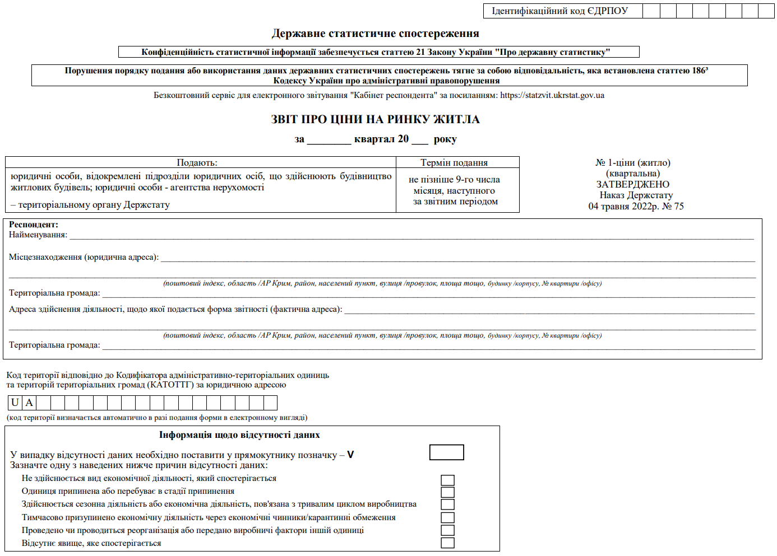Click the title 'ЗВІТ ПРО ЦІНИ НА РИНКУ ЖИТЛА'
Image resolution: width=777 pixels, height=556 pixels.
375,119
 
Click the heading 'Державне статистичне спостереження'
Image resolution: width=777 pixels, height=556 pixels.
375,34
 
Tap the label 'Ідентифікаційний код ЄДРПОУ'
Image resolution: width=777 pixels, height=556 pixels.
559,11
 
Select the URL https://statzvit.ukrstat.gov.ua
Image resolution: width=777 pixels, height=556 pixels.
552,95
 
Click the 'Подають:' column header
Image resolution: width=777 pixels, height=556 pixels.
197,162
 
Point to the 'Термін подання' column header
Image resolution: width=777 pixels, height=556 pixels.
454,162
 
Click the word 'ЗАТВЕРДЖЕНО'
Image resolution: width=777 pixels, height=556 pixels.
632,184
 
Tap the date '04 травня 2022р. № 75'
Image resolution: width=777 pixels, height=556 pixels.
636,206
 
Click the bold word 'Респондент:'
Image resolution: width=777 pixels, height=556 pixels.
34,225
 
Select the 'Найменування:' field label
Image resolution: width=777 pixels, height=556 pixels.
38,235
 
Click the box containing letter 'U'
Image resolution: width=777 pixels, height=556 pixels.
15,403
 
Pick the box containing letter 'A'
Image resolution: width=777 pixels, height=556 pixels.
29,403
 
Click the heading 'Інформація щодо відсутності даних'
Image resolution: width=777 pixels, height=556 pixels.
239,434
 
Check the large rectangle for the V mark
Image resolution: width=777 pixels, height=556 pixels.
446,452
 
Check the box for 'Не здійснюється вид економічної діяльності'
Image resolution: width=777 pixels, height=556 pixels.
447,480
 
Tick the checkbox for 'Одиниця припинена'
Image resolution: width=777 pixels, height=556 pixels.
447,492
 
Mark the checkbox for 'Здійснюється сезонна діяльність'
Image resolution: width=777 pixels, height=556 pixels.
447,505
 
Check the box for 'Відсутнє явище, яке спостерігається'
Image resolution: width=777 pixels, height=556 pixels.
447,543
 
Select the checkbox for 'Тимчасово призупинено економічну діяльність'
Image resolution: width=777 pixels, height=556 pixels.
447,517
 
